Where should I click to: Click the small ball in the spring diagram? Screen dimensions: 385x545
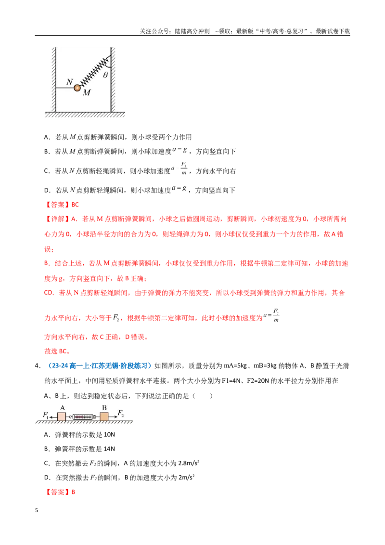point(77,88)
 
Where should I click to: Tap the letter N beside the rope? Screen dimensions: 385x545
point(69,82)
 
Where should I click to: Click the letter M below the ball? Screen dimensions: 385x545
point(87,92)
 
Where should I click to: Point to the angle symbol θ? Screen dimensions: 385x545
point(105,75)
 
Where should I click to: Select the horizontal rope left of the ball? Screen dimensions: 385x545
point(65,88)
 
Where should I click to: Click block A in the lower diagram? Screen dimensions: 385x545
point(62,416)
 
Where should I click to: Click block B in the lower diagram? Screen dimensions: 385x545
point(104,416)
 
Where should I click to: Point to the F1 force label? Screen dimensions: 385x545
point(45,415)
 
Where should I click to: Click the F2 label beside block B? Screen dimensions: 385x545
point(121,413)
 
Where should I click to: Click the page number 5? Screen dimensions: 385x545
point(37,510)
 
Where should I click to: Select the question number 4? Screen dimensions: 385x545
point(37,365)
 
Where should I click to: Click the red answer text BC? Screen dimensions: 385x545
point(75,204)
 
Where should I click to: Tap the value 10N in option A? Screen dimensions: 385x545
point(109,434)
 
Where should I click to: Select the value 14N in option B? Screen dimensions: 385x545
point(109,449)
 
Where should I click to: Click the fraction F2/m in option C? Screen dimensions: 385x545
point(184,168)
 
